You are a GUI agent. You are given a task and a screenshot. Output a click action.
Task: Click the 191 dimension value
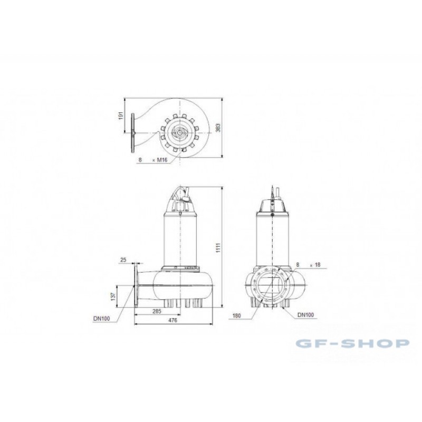pyautogui.click(x=121, y=116)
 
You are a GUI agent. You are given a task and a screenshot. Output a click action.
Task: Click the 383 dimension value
pyautogui.click(x=218, y=128)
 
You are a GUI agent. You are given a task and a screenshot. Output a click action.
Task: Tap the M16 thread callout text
pyautogui.click(x=162, y=160)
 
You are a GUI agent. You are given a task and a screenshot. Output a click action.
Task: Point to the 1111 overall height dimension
pyautogui.click(x=218, y=247)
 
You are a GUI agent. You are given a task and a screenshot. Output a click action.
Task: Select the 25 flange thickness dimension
pyautogui.click(x=123, y=260)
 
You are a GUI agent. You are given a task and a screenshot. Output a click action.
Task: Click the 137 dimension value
pyautogui.click(x=113, y=296)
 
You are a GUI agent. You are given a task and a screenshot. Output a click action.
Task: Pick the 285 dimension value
pyautogui.click(x=157, y=311)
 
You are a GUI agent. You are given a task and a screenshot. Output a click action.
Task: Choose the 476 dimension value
pyautogui.click(x=172, y=320)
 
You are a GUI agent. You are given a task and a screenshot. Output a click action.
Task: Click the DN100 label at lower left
pyautogui.click(x=101, y=319)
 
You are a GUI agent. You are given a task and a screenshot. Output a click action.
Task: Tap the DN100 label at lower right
pyautogui.click(x=305, y=315)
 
